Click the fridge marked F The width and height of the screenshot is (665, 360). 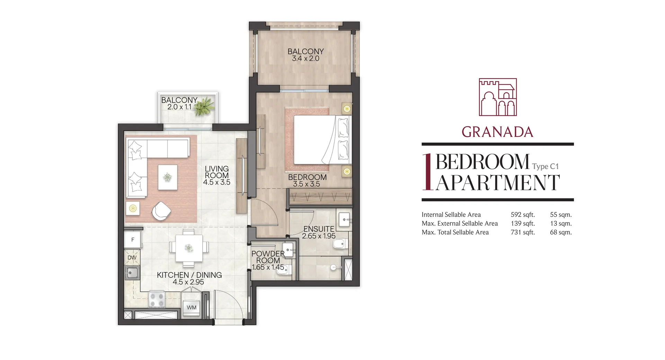pyautogui.click(x=133, y=240)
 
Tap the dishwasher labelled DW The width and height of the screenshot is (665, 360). pyautogui.click(x=132, y=257)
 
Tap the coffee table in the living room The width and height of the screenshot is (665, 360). pyautogui.click(x=168, y=177)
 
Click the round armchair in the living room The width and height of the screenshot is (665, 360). pyautogui.click(x=161, y=210)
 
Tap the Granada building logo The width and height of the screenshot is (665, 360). pyautogui.click(x=498, y=97)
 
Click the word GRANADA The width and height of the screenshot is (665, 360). pyautogui.click(x=497, y=132)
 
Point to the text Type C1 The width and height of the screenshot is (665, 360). pyautogui.click(x=546, y=167)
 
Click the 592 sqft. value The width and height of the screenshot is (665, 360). pyautogui.click(x=523, y=215)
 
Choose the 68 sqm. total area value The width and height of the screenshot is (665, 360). pyautogui.click(x=561, y=232)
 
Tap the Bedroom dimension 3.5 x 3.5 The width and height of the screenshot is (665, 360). pyautogui.click(x=307, y=184)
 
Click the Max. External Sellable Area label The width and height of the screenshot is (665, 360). pyautogui.click(x=460, y=224)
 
